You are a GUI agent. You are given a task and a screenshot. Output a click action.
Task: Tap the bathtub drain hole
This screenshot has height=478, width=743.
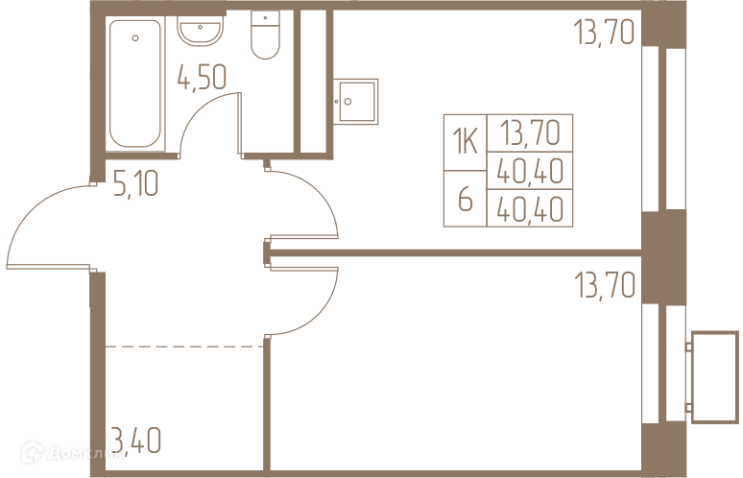pyautogui.click(x=134, y=38)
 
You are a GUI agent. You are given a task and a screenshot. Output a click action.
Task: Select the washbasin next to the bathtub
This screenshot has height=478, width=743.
pyautogui.click(x=201, y=32)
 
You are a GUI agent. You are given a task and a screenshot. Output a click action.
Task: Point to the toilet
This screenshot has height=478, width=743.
pyautogui.click(x=265, y=34)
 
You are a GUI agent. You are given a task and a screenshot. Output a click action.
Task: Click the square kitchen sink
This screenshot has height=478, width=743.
pyautogui.click(x=356, y=100)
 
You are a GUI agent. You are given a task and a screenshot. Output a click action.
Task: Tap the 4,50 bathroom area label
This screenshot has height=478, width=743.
pyautogui.click(x=202, y=77)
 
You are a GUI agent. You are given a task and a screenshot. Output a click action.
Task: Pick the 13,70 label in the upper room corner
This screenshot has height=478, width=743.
pyautogui.click(x=604, y=35)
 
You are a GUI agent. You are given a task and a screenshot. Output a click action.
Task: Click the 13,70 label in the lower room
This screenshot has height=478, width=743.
pyautogui.click(x=604, y=286)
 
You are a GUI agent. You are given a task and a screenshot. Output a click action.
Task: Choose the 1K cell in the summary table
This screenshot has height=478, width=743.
pyautogui.click(x=465, y=144)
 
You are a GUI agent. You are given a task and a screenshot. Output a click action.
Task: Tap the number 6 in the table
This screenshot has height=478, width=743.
pyautogui.click(x=465, y=202)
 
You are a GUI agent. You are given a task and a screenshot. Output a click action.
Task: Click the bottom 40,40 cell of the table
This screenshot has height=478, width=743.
pyautogui.click(x=530, y=207)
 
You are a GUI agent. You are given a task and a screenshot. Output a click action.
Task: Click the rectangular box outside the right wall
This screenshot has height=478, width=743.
pyautogui.click(x=714, y=365)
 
